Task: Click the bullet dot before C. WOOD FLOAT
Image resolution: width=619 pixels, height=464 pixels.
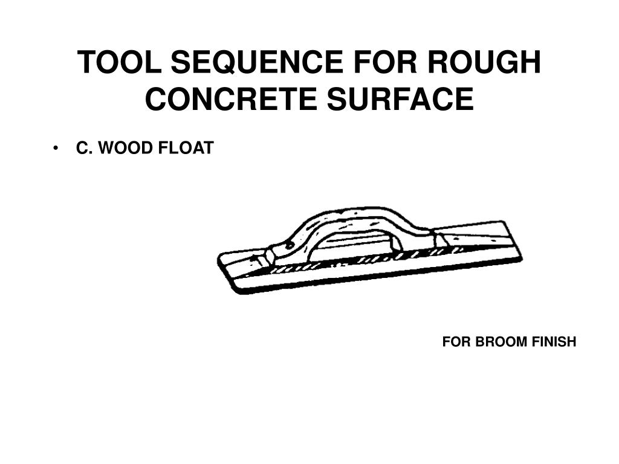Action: [x=56, y=149]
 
